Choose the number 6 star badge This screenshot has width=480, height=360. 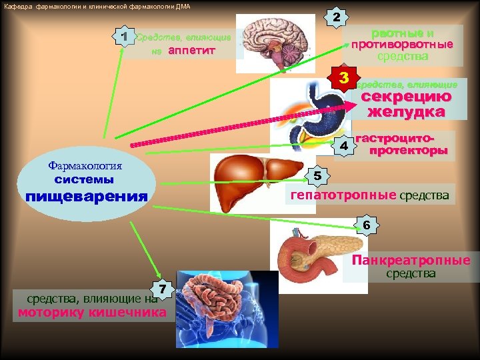pyautogui.click(x=367, y=225)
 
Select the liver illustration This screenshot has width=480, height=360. pyautogui.click(x=256, y=177)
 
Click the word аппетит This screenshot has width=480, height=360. pyautogui.click(x=192, y=51)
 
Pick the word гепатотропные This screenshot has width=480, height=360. pyautogui.click(x=343, y=196)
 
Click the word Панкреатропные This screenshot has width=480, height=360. pyautogui.click(x=411, y=261)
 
